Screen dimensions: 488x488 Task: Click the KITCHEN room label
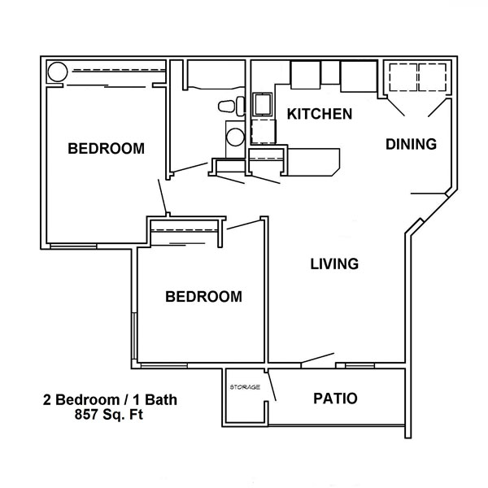coord(320,114)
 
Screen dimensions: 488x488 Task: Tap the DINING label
coord(411,144)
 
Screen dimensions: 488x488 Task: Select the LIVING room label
coord(334,264)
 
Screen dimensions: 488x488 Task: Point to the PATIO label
coord(335,399)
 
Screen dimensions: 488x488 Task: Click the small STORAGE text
coord(245,387)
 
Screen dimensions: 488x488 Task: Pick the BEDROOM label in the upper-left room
coord(106,149)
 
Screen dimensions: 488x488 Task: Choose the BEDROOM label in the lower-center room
coord(203,297)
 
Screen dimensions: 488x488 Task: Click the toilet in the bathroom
coord(232,106)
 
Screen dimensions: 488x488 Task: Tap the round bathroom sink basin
coord(235,137)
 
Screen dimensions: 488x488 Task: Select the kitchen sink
coord(262,104)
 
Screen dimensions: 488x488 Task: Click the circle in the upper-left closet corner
coord(57,72)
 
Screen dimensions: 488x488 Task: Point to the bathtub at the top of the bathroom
coord(216,75)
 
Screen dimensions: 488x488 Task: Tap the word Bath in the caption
coord(161,400)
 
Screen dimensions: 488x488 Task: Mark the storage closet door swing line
coord(272,386)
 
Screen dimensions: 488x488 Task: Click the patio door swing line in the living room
coord(317,358)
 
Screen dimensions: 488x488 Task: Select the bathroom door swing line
coord(190,167)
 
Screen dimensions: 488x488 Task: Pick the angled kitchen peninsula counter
coord(313,162)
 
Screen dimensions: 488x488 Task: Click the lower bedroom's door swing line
coord(243,224)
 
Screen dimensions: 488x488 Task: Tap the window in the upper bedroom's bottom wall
coord(73,246)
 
